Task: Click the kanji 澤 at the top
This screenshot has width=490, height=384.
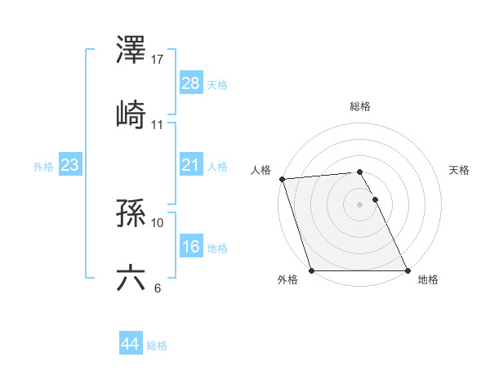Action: pos(131,51)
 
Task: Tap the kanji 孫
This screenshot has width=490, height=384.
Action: pos(131,214)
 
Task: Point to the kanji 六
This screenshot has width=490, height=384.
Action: pos(131,278)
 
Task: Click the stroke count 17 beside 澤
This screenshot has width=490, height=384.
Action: pos(158,60)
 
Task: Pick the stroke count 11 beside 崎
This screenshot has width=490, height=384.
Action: pos(158,124)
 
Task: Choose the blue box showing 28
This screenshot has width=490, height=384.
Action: pos(191,83)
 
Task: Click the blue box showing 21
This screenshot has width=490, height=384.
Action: pos(191,165)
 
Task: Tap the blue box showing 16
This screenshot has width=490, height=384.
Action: pos(191,247)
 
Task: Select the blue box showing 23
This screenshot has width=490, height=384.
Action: pos(70,165)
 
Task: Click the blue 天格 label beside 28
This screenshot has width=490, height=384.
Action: pos(217,85)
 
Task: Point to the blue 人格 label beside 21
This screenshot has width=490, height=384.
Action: pos(217,167)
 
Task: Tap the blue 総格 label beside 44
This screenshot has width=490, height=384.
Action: pos(157,346)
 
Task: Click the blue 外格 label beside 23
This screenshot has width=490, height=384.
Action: pos(43,167)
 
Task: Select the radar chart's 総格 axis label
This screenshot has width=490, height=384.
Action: pos(360,106)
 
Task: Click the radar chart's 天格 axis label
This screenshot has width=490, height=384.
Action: pos(460,170)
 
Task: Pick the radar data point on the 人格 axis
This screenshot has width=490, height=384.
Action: pos(282,179)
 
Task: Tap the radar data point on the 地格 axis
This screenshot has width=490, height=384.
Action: pos(408,270)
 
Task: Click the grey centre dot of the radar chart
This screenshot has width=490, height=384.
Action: pos(360,204)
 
